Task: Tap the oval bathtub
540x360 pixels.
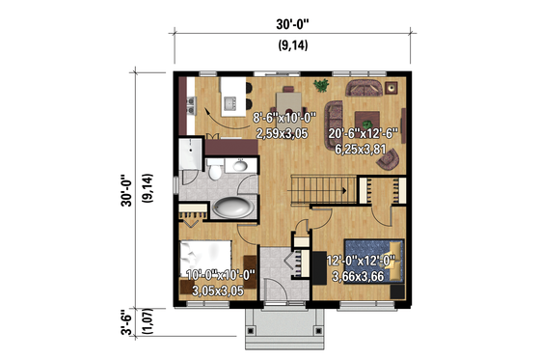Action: coord(229,207)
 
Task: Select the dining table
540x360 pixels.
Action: coord(290,99)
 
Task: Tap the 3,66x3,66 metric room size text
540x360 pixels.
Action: coord(364,277)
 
